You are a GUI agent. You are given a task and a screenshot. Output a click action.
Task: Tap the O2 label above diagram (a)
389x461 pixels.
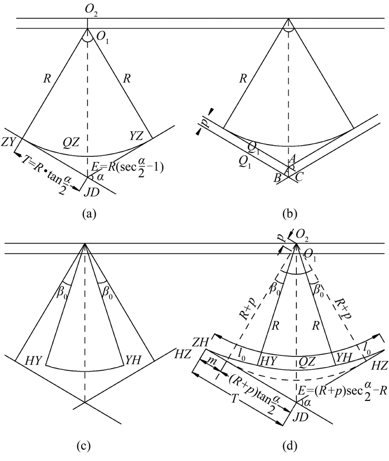(x=88, y=8)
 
